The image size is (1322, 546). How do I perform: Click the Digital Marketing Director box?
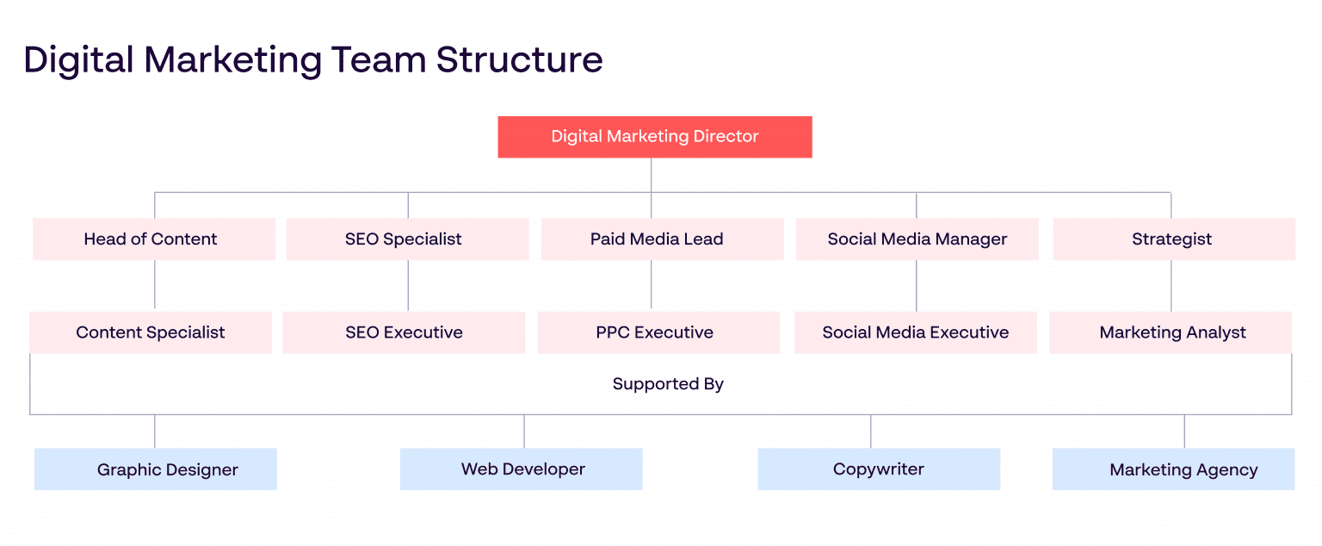click(654, 137)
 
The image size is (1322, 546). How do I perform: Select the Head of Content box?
click(154, 239)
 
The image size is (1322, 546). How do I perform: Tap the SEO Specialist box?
click(407, 239)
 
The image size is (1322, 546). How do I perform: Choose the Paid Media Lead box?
click(662, 239)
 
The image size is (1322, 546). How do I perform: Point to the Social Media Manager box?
click(917, 239)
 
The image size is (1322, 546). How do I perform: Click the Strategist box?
click(1173, 239)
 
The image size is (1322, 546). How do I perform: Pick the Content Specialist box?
click(151, 332)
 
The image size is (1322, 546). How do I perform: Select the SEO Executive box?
click(404, 332)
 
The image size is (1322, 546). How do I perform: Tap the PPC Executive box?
click(658, 332)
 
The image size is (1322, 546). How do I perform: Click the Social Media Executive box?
click(915, 332)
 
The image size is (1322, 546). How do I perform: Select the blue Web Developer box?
click(522, 469)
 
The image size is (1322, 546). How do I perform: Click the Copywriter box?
click(879, 469)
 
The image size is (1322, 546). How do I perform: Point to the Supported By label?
click(668, 384)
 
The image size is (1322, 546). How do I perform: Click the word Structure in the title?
click(519, 60)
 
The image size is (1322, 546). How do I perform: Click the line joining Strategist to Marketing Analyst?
click(1171, 286)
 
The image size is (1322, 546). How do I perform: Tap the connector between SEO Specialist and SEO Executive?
click(408, 286)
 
